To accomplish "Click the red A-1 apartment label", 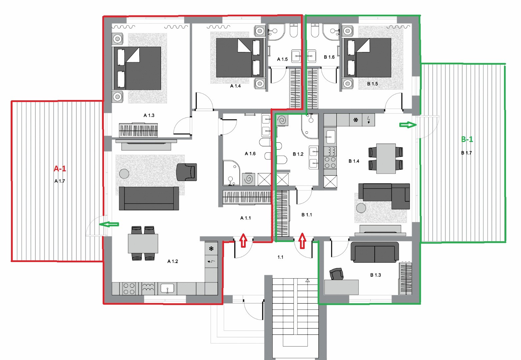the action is [60, 168].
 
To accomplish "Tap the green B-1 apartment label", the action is [467, 139].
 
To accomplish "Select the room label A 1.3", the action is [149, 115].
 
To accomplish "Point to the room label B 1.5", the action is [372, 84].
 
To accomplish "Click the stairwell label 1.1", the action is [280, 257].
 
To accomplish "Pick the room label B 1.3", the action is [375, 275].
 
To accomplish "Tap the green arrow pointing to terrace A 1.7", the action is [109, 224].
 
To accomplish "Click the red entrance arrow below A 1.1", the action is [243, 240].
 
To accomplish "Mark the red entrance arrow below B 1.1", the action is [302, 240].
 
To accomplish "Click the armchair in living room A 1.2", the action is [187, 172].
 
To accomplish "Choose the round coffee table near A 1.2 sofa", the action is [124, 174].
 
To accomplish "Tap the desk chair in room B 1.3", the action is [336, 274].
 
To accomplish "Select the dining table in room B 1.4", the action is [386, 159].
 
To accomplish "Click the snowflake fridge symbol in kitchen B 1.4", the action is [356, 120].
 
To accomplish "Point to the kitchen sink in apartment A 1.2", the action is [167, 289].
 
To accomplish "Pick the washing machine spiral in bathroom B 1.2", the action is [282, 120].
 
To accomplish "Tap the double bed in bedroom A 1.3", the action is [137, 68].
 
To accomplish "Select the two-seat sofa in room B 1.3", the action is [374, 252].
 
